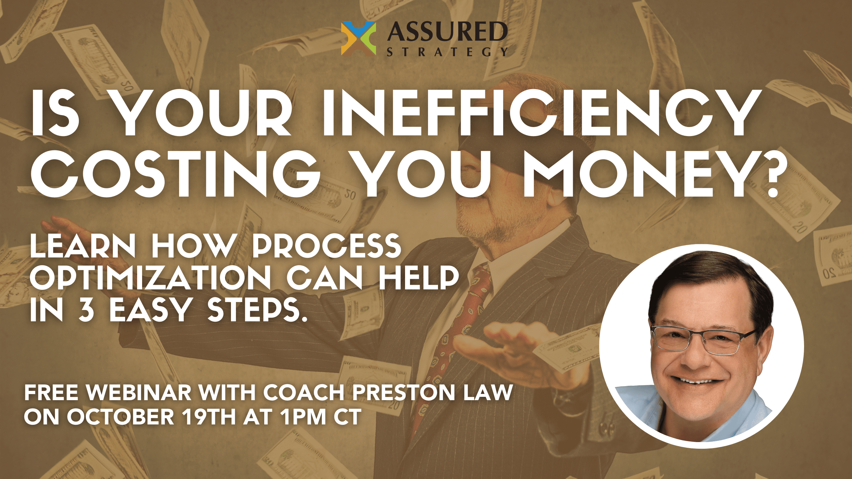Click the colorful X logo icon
(358, 39)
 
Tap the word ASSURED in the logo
(447, 32)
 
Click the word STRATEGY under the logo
(447, 52)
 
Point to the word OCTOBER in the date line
(120, 417)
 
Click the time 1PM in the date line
(303, 417)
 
